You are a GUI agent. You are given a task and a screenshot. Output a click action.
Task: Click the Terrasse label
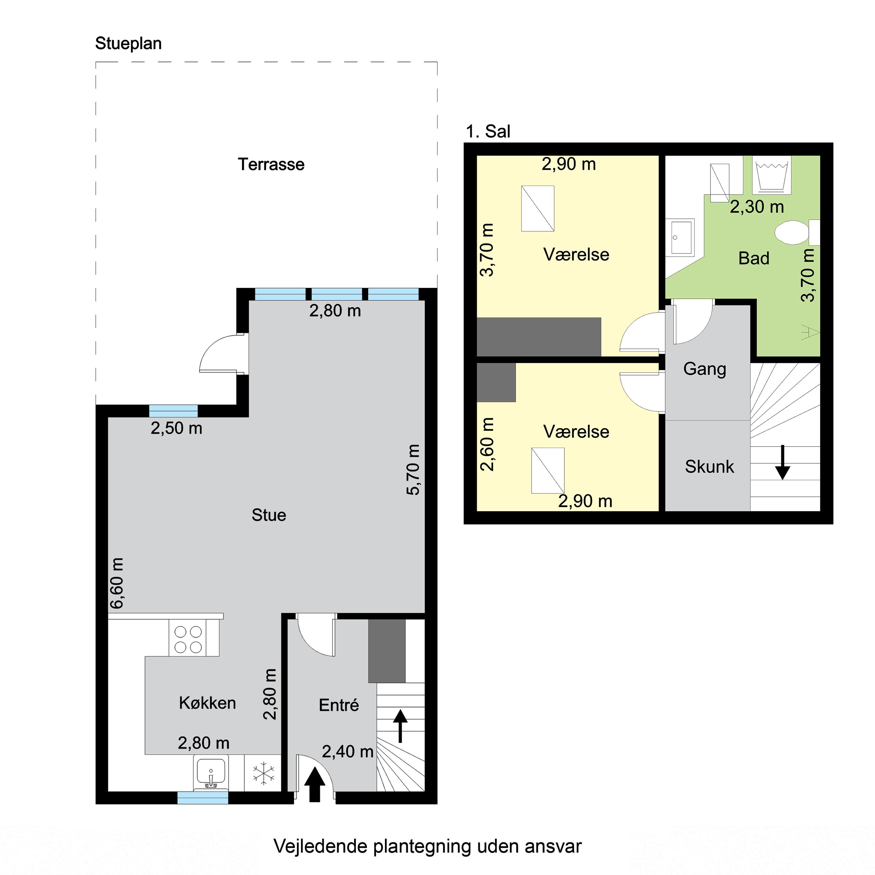271,164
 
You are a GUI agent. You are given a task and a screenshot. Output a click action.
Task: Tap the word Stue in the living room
269,515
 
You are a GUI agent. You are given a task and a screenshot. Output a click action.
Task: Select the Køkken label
207,703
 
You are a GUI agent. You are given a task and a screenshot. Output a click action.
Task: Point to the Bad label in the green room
754,258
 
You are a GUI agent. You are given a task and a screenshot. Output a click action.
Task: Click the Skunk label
709,466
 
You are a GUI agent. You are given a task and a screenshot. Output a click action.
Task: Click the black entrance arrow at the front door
314,784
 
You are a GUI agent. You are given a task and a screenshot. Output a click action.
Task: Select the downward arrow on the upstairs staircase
782,462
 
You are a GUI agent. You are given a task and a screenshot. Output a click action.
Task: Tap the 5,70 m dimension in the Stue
414,470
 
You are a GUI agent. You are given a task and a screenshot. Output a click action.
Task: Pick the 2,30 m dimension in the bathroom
757,207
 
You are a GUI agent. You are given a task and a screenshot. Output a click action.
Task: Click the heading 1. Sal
488,131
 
